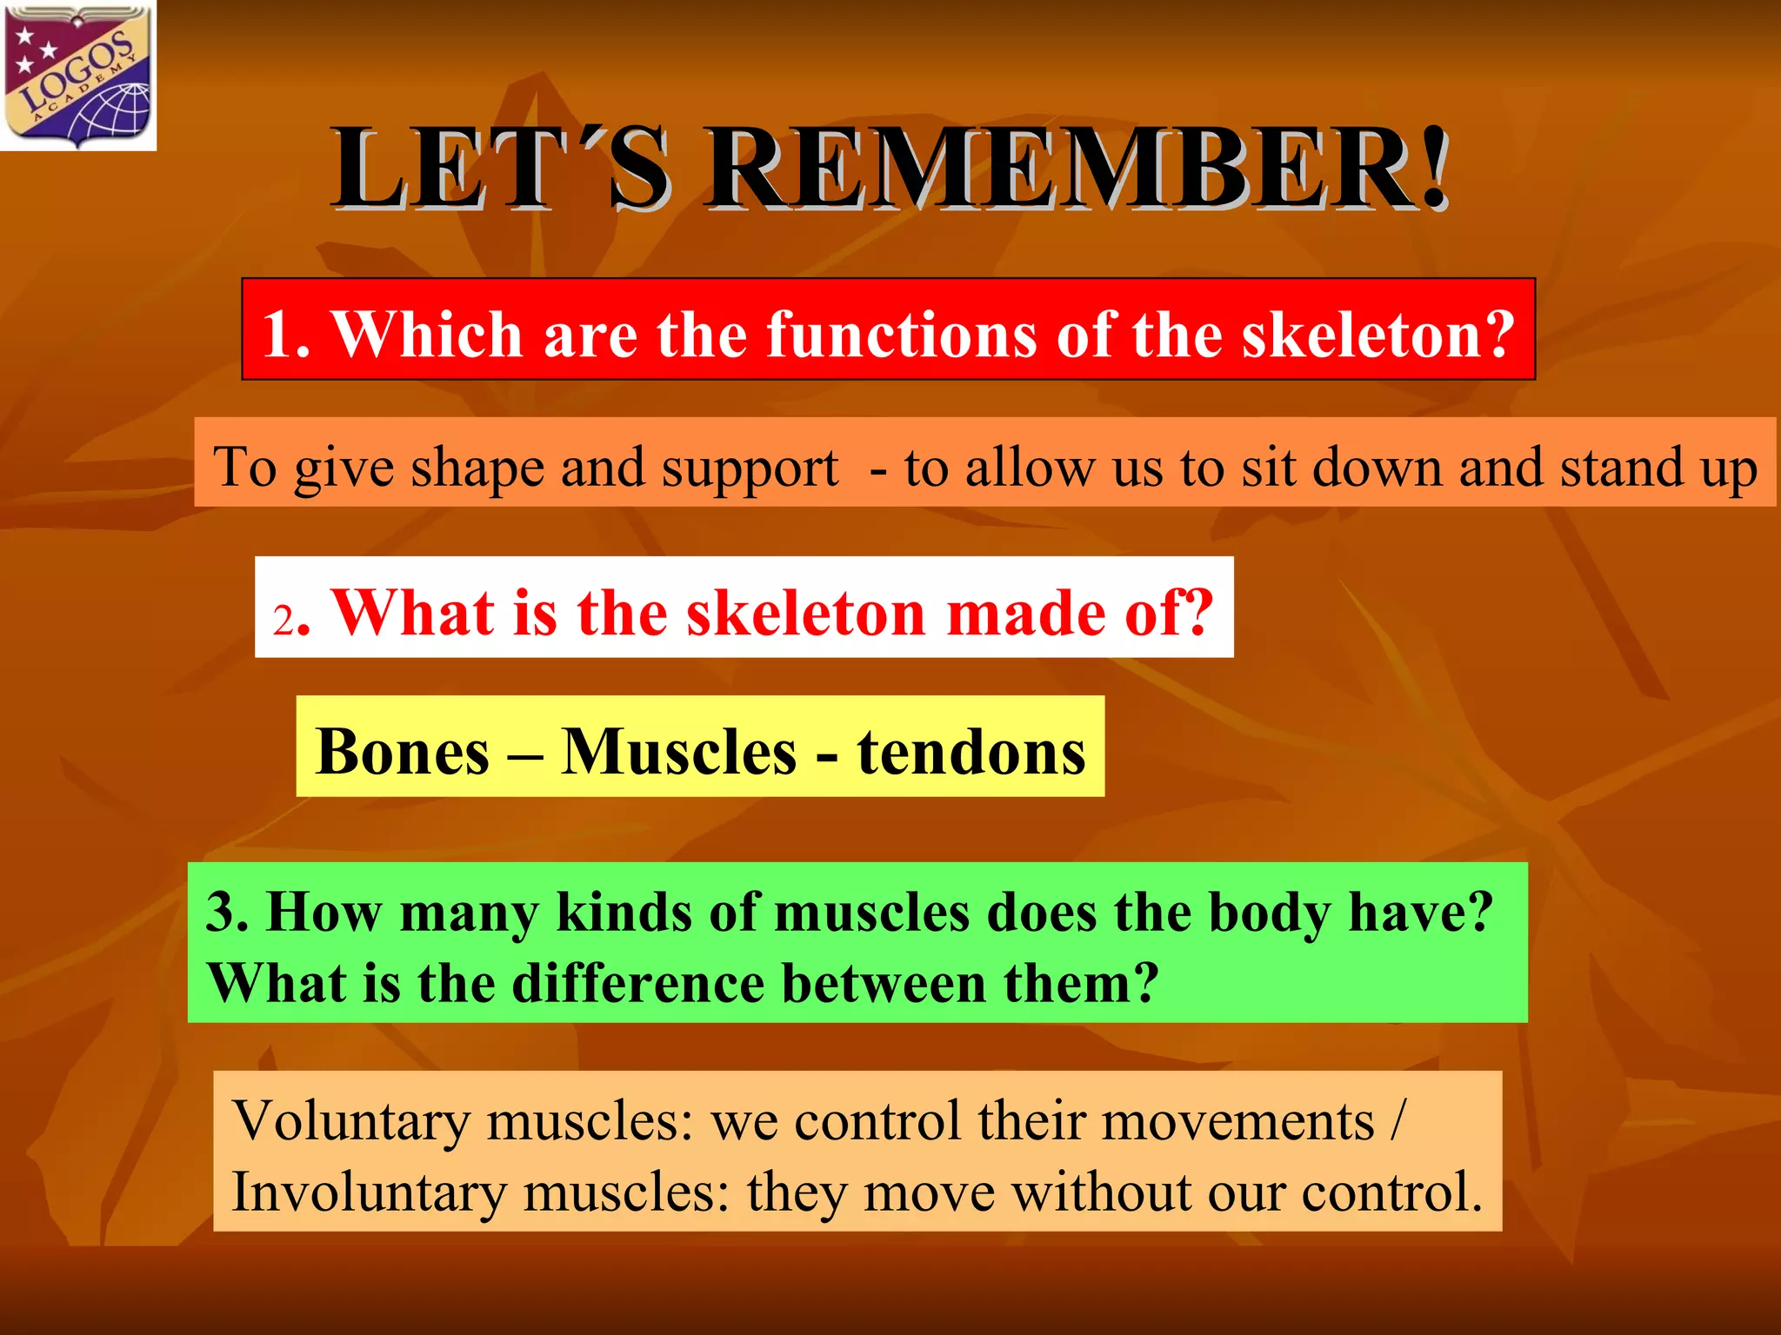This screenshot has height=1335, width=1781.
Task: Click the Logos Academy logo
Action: (78, 76)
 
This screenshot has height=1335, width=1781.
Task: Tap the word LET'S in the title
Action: (500, 169)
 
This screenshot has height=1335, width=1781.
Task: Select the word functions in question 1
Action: (901, 335)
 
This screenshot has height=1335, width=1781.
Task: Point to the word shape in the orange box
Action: (478, 468)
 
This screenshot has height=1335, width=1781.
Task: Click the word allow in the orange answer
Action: (1030, 468)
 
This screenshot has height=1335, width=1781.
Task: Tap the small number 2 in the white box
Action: (283, 621)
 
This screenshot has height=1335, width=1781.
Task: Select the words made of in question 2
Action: (1078, 614)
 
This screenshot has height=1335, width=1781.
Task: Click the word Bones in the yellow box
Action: (404, 751)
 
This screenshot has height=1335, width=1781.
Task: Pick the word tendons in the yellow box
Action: (971, 751)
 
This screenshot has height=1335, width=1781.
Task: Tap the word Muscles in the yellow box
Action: (678, 751)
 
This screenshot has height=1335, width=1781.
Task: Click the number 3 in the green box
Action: (226, 912)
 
